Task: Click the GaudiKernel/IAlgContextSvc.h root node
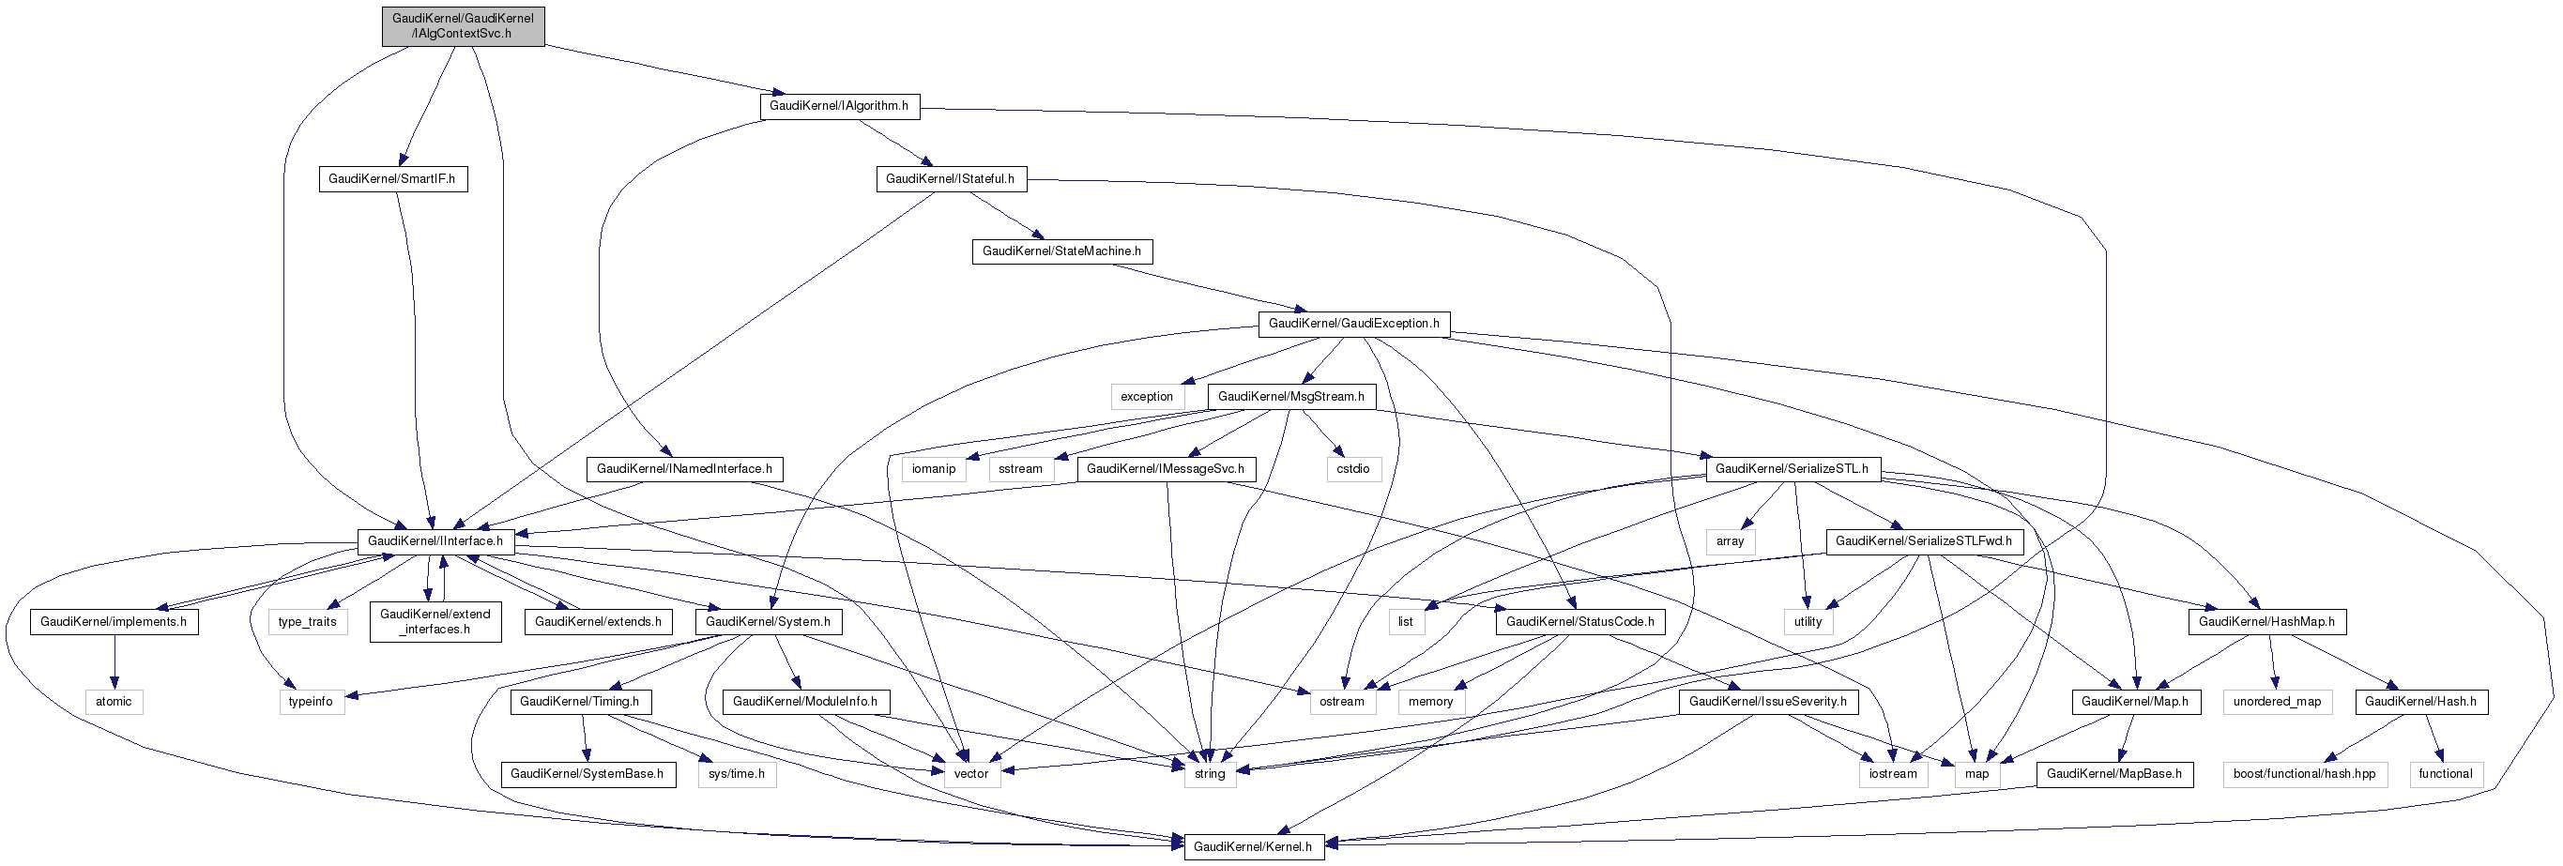463,26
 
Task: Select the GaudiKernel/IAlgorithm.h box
839,106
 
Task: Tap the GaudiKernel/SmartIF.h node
392,179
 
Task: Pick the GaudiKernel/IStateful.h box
950,179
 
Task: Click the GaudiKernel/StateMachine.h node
1061,251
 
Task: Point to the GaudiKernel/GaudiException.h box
1353,324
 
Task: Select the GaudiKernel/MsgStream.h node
1290,397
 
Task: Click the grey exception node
1146,397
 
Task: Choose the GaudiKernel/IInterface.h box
435,542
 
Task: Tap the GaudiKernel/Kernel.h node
1253,847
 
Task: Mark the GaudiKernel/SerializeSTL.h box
1792,469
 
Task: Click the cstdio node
1352,469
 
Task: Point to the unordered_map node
2277,702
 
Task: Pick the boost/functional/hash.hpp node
2303,775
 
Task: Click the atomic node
114,702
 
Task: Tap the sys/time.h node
737,775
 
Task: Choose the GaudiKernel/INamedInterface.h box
684,469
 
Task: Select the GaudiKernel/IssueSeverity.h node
1768,702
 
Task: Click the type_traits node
308,622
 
